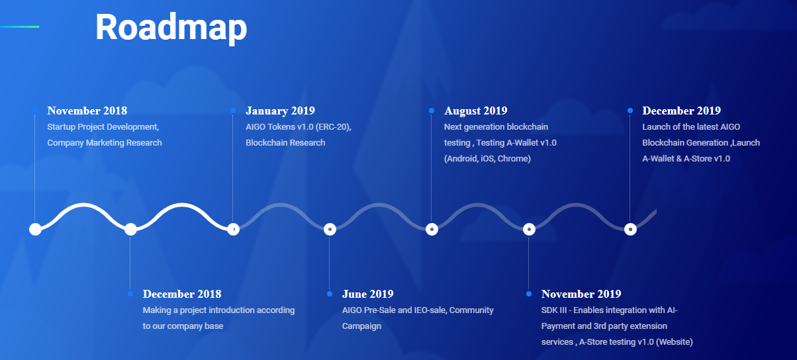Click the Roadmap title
pyautogui.click(x=171, y=28)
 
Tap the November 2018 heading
pyautogui.click(x=87, y=111)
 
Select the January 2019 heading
pyautogui.click(x=281, y=111)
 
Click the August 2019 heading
pyautogui.click(x=476, y=111)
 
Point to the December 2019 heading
pyautogui.click(x=681, y=111)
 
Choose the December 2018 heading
pyautogui.click(x=182, y=294)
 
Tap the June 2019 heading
pyautogui.click(x=367, y=294)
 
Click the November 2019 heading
pyautogui.click(x=581, y=294)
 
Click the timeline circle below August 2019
pyautogui.click(x=432, y=230)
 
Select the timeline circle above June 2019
pyautogui.click(x=330, y=230)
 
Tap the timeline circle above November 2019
pyautogui.click(x=529, y=230)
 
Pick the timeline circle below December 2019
pyautogui.click(x=630, y=230)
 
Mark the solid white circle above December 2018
pyautogui.click(x=130, y=230)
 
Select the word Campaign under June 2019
pyautogui.click(x=361, y=326)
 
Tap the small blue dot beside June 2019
pyautogui.click(x=330, y=294)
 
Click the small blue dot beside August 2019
pyautogui.click(x=432, y=111)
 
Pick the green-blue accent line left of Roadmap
pyautogui.click(x=20, y=26)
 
